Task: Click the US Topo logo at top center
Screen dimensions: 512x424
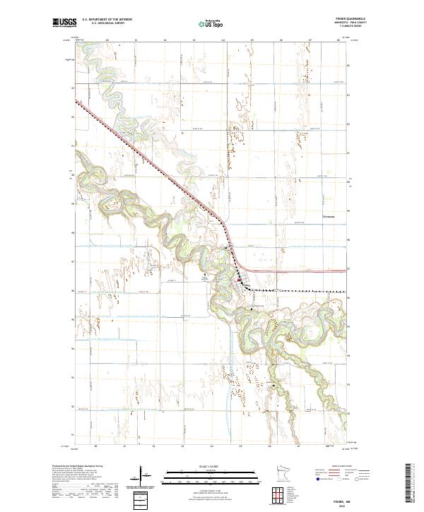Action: [211, 24]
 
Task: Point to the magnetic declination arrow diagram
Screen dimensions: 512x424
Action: [141, 475]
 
